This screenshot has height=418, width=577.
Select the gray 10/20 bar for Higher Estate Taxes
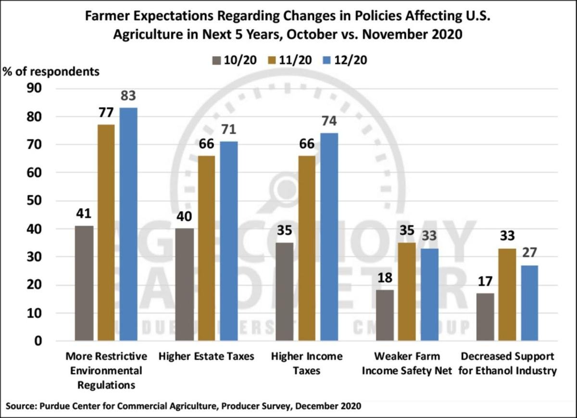(184, 284)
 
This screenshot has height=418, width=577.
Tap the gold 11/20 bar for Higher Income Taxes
(306, 248)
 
